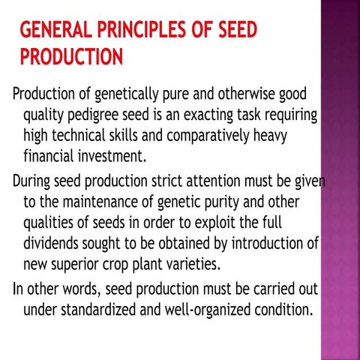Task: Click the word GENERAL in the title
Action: coord(52,31)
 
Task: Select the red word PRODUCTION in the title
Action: coord(71,57)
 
